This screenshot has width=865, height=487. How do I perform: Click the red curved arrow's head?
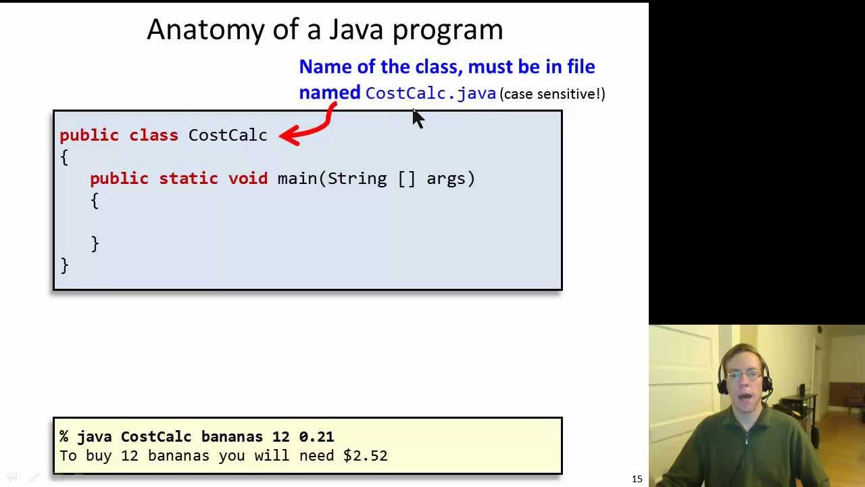pyautogui.click(x=285, y=136)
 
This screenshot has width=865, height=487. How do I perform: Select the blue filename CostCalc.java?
pyautogui.click(x=430, y=93)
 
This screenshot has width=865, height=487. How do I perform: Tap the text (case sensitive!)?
pyautogui.click(x=552, y=94)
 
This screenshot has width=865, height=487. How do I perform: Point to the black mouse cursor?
pyautogui.click(x=418, y=119)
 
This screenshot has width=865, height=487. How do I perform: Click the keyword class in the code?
pyautogui.click(x=153, y=135)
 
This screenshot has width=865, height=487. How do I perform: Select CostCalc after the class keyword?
pyautogui.click(x=228, y=135)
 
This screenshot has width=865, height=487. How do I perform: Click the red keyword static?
pyautogui.click(x=189, y=179)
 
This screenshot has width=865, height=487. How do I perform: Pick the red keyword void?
pyautogui.click(x=248, y=179)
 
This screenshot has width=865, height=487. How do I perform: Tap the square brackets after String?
pyautogui.click(x=407, y=179)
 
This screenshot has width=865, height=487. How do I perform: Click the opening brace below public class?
pyautogui.click(x=64, y=158)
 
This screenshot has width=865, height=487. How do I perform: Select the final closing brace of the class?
pyautogui.click(x=64, y=264)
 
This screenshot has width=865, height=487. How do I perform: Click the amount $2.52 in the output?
pyautogui.click(x=365, y=456)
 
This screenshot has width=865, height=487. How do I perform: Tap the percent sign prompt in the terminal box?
pyautogui.click(x=64, y=437)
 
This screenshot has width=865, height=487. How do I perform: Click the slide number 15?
pyautogui.click(x=637, y=479)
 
